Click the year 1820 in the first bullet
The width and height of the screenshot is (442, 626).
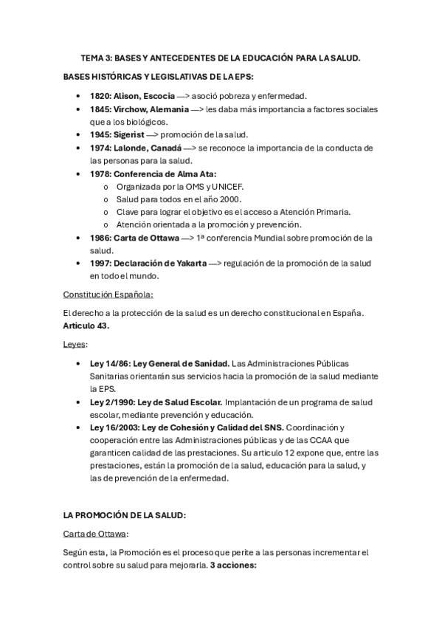pyautogui.click(x=100, y=96)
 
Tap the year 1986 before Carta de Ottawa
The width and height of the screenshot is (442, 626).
pyautogui.click(x=100, y=238)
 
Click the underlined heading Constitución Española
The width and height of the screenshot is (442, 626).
pyautogui.click(x=108, y=294)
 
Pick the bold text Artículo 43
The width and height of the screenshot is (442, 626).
pyautogui.click(x=86, y=326)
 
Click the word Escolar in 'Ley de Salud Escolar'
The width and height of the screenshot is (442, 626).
pyautogui.click(x=204, y=402)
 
